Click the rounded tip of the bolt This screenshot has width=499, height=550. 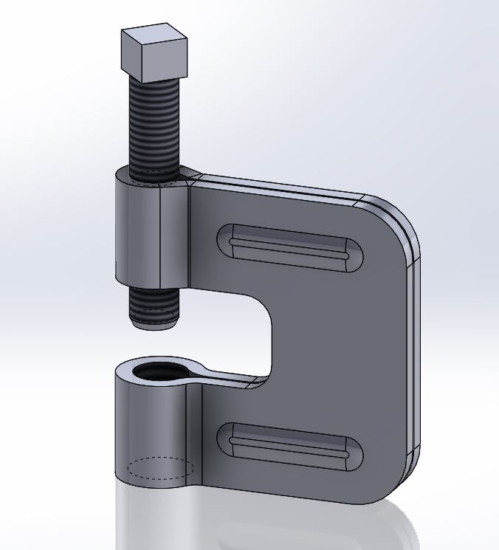click(x=154, y=321)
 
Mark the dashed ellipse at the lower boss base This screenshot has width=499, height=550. click(x=160, y=468)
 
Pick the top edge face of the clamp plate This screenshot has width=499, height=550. click(x=281, y=185)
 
